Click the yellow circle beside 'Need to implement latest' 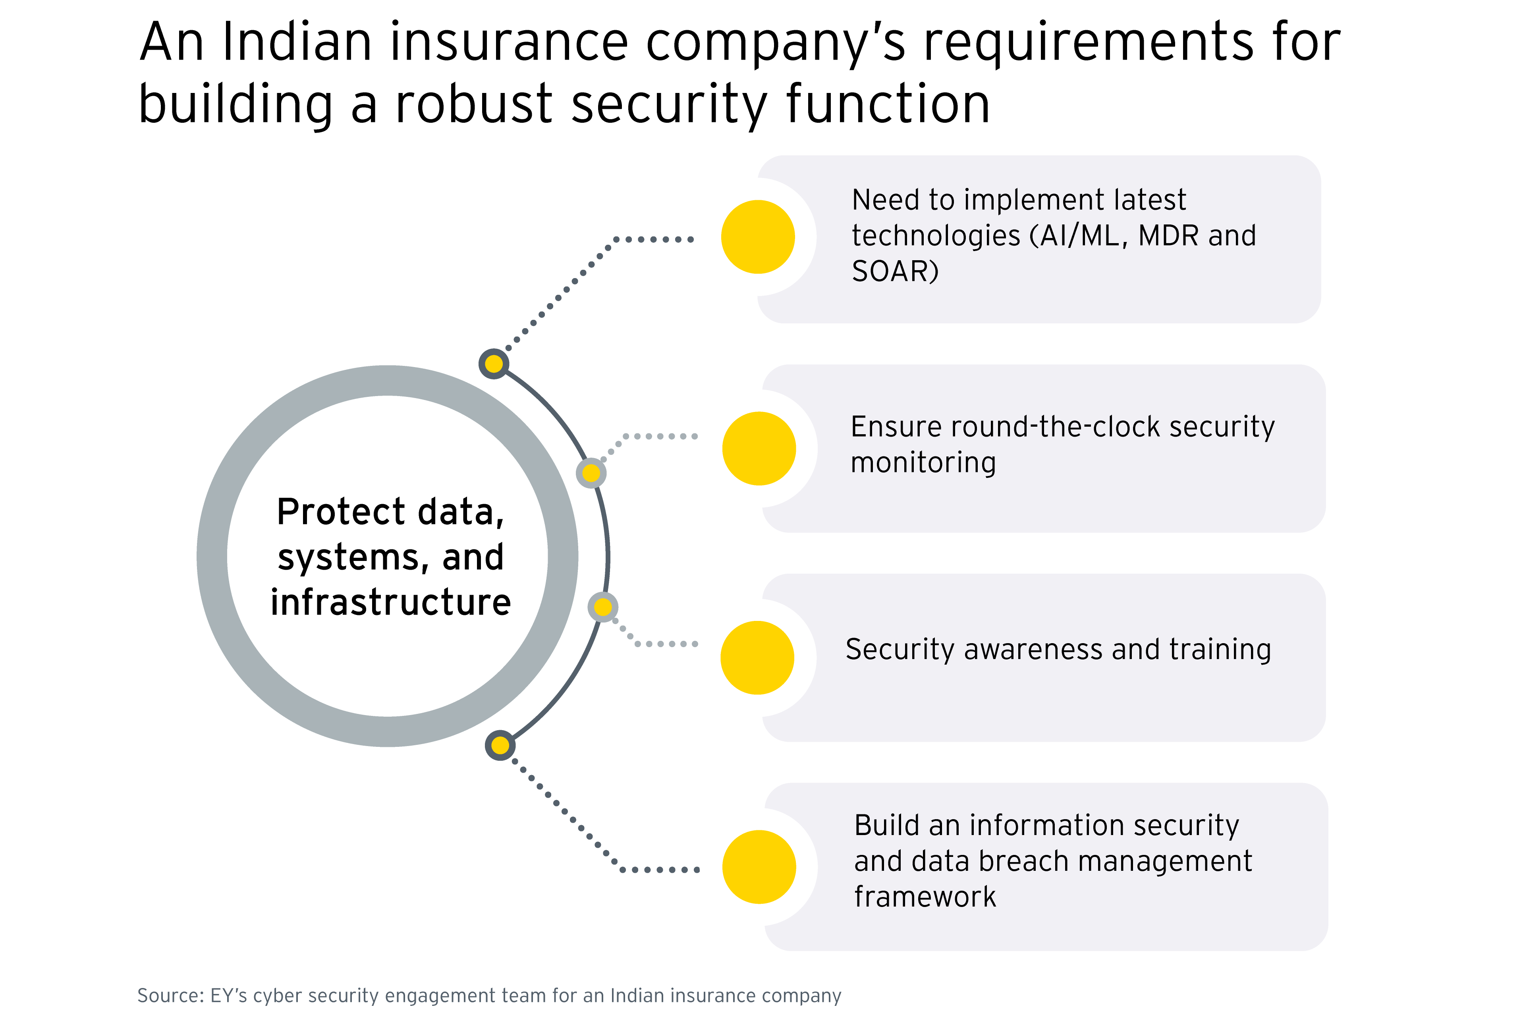click(x=757, y=237)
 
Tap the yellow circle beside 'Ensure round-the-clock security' click(x=759, y=448)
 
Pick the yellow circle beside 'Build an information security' click(x=759, y=866)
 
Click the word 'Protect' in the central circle click(x=341, y=512)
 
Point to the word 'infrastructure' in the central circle click(x=391, y=602)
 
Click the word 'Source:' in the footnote click(x=170, y=996)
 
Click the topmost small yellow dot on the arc click(x=494, y=364)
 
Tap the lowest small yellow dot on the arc click(x=500, y=746)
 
